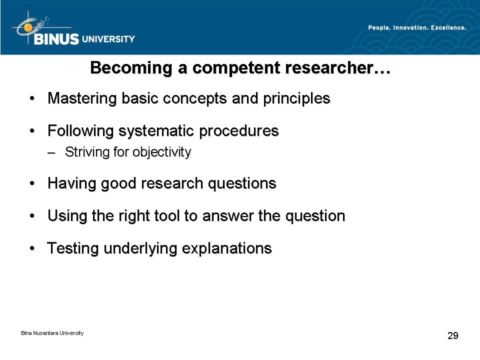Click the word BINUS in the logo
pyautogui.click(x=56, y=39)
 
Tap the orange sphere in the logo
pyautogui.click(x=28, y=27)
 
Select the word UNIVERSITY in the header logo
pyautogui.click(x=108, y=39)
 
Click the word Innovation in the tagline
pyautogui.click(x=410, y=27)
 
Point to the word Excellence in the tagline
pyautogui.click(x=448, y=27)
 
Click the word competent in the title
pyautogui.click(x=236, y=68)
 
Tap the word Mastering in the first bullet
pyautogui.click(x=82, y=98)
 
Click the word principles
pyautogui.click(x=296, y=98)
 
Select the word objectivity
pyautogui.click(x=162, y=152)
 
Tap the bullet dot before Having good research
pyautogui.click(x=32, y=183)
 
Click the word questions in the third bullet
pyautogui.click(x=242, y=183)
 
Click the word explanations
pyautogui.click(x=227, y=248)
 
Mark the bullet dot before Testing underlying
pyautogui.click(x=32, y=248)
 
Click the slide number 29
pyautogui.click(x=453, y=335)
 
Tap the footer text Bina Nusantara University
pyautogui.click(x=52, y=333)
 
